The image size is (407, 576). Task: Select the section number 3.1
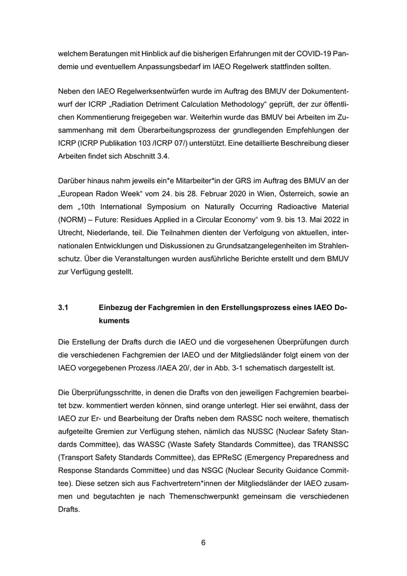click(64, 307)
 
